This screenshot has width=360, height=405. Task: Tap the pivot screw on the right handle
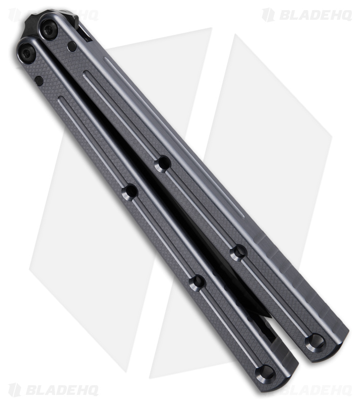pyautogui.click(x=49, y=31)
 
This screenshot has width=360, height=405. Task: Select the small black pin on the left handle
pyautogui.click(x=38, y=80)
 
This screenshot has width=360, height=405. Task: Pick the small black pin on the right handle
pyautogui.click(x=72, y=47)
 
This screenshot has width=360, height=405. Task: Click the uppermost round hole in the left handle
pyautogui.click(x=130, y=191)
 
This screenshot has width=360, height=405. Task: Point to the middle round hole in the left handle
pyautogui.click(x=197, y=282)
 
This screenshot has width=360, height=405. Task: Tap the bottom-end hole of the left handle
pyautogui.click(x=265, y=373)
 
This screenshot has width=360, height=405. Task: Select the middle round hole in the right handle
pyautogui.click(x=238, y=252)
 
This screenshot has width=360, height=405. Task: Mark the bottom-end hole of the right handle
pyautogui.click(x=315, y=342)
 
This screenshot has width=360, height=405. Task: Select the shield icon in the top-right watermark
pyautogui.click(x=268, y=15)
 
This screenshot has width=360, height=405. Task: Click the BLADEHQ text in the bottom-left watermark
pyautogui.click(x=61, y=390)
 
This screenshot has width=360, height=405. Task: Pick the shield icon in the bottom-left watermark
pyautogui.click(x=15, y=390)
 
